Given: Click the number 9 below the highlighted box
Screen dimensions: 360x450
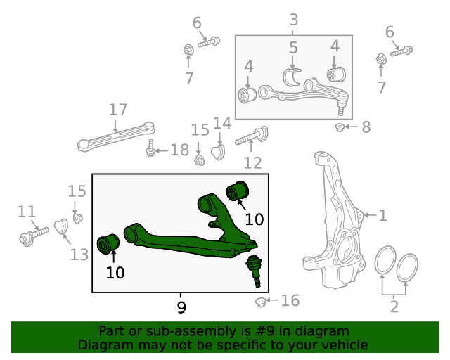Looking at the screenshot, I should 181,307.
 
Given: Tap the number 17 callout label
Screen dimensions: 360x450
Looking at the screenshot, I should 117,110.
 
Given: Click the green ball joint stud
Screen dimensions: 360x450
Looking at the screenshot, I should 255,271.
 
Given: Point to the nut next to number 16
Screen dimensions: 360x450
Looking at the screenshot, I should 261,302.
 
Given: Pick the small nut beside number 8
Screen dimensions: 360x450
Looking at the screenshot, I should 340,127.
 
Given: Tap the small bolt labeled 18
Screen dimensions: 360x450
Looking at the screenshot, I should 151,150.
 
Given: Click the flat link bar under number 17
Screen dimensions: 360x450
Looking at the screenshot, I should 116,136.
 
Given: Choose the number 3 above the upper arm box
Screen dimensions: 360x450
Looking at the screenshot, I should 293,20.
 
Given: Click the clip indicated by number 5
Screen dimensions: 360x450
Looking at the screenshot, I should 292,76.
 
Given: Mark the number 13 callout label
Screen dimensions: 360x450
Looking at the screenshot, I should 79,254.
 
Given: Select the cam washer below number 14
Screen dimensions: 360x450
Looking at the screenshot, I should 219,151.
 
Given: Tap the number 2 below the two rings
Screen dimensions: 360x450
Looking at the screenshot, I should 394,307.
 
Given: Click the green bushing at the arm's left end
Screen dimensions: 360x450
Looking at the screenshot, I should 108,243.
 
